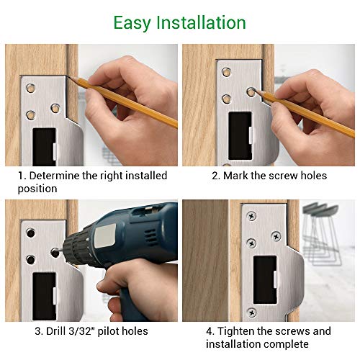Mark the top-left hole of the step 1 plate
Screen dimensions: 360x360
coord(30,89)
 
